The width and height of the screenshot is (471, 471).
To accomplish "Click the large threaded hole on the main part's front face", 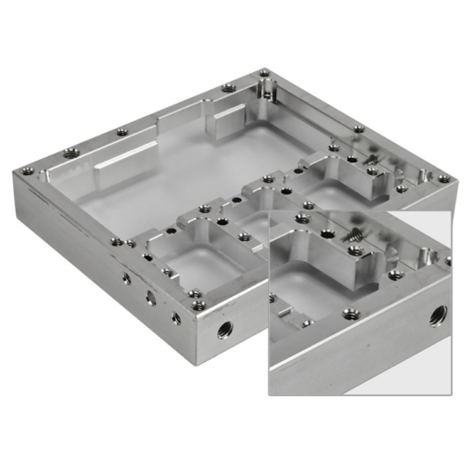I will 224,328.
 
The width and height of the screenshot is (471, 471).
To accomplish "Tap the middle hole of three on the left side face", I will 151,298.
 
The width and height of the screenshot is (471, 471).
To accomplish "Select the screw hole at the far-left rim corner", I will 27,171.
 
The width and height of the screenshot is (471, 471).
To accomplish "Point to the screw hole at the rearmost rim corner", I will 264,73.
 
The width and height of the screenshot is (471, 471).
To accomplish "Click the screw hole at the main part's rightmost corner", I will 444,179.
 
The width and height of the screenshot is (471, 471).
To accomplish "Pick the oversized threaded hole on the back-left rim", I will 71,153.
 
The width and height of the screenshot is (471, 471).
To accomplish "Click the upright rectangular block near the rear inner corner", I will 224,121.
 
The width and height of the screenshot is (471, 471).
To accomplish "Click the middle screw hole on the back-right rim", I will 359,129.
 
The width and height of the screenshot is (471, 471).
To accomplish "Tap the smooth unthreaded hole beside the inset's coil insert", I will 327,234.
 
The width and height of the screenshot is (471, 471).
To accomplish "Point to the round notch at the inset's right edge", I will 429,255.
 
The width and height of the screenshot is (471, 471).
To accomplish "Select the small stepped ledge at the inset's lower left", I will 284,310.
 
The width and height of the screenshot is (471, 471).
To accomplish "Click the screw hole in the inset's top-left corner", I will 303,219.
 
